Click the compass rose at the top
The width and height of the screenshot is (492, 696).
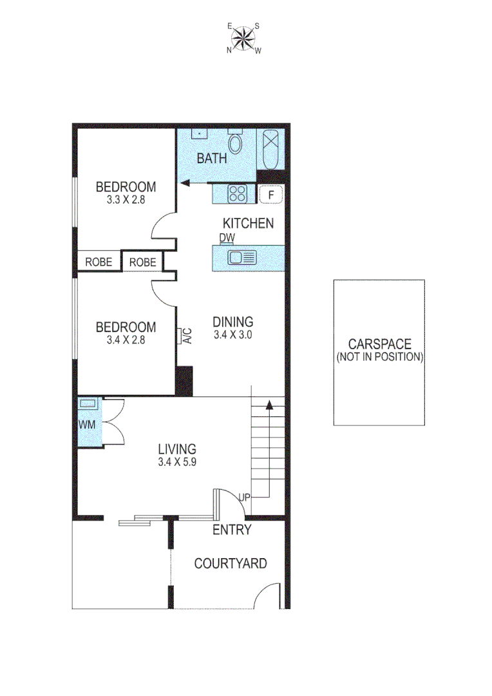coord(243,39)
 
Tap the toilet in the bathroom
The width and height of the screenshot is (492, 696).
coord(235,144)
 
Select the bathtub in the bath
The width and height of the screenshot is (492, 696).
coord(270,148)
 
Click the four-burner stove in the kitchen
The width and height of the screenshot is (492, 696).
coord(237,193)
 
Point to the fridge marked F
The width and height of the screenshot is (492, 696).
coord(271,193)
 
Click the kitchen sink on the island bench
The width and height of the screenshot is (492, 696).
coord(243,258)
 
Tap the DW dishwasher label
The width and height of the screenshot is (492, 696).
coord(227,238)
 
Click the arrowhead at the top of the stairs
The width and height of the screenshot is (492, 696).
coord(269,405)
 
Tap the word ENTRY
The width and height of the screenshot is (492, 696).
coord(232,530)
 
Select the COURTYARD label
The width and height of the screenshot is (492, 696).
coord(231,564)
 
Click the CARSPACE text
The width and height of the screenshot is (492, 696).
coord(379,345)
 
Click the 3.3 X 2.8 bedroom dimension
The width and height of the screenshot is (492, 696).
coord(126,200)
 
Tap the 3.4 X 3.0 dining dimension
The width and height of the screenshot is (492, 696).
coord(233,334)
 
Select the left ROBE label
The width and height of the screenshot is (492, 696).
coord(99,262)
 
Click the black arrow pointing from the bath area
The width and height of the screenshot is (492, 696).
coord(185,183)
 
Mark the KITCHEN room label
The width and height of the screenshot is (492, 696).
coord(248,224)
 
